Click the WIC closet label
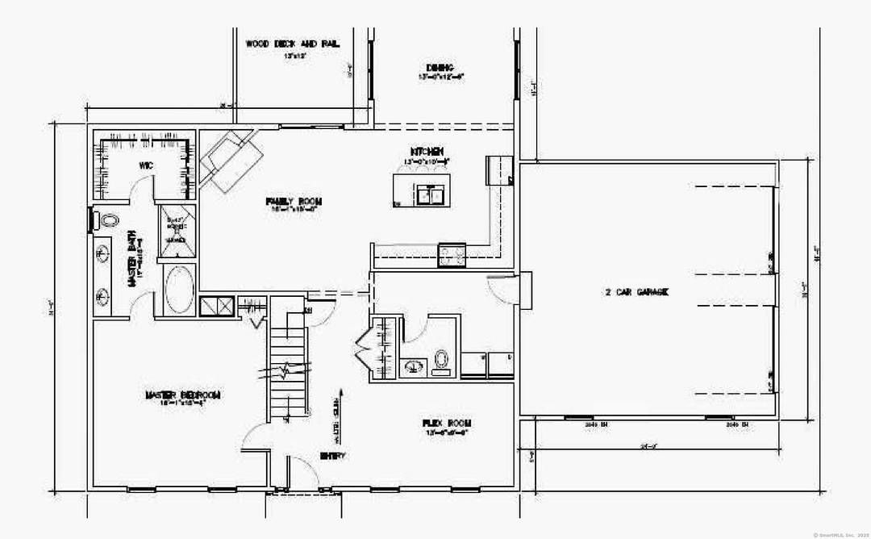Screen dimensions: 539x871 146,165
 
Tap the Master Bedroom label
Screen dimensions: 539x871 182,395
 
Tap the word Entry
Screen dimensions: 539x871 333,456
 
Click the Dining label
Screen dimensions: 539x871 440,68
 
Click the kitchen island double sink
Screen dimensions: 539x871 429,195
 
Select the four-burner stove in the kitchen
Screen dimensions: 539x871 451,256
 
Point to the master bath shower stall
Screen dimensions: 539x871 175,230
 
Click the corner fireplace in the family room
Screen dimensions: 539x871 230,158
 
